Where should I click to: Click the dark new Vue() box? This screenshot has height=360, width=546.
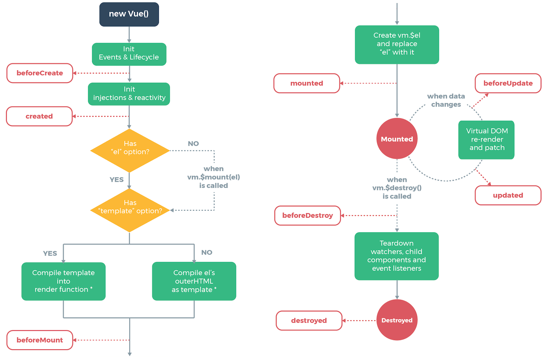pos(129,14)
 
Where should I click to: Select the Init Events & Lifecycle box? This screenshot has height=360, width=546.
pos(129,54)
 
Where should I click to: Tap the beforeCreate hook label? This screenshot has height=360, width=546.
pos(40,73)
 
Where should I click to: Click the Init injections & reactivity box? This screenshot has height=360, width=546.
pos(129,94)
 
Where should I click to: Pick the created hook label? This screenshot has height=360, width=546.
pos(39,116)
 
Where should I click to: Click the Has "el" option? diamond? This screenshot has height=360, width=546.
pos(130,151)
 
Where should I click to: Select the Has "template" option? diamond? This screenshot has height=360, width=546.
pos(130,210)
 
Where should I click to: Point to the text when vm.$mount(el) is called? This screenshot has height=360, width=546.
pos(214,177)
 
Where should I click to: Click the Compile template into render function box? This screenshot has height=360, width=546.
pos(63,281)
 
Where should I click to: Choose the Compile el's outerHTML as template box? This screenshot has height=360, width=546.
pos(194,281)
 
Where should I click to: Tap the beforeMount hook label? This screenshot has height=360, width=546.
pos(40,340)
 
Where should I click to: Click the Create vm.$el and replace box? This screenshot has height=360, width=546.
pos(397,44)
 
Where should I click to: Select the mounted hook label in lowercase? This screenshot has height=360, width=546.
pos(307,83)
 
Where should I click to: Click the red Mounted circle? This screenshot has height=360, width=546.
pos(397,139)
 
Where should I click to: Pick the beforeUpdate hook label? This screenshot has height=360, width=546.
pos(508,83)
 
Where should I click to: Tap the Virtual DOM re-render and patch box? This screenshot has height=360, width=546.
pos(487,140)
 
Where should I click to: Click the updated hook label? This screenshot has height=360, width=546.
pos(508,195)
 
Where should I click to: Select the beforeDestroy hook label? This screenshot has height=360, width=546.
pos(307,215)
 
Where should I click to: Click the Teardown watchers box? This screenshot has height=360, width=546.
pos(397,256)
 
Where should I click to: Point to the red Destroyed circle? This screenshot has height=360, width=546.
pos(397,320)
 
